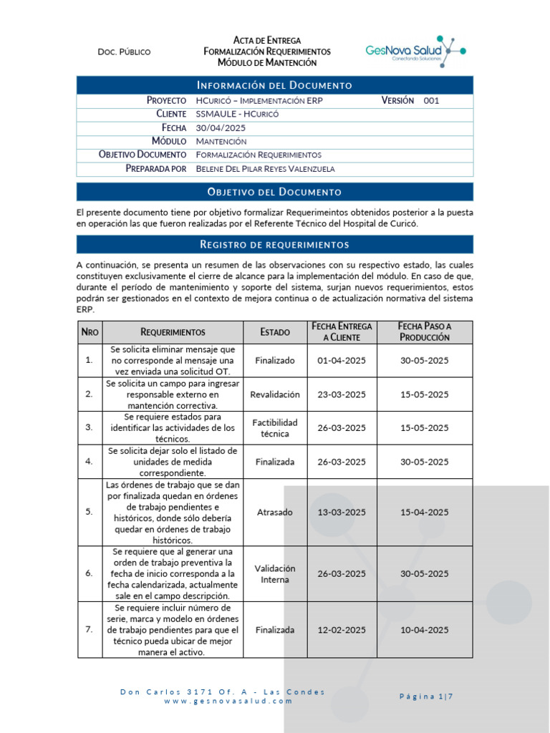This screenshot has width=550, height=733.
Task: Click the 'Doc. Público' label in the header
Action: click(x=124, y=52)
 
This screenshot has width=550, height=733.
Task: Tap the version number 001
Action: click(x=431, y=101)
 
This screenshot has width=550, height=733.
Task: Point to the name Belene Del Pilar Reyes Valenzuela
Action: click(x=265, y=168)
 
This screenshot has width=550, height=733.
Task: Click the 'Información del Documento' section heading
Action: click(x=275, y=85)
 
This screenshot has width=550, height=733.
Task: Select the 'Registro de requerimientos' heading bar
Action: click(x=275, y=245)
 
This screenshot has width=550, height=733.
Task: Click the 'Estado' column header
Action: click(x=275, y=332)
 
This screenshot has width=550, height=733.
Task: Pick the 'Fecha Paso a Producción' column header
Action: click(x=425, y=331)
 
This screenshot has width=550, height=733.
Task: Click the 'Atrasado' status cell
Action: click(x=275, y=512)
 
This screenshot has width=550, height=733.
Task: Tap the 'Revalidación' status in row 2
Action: click(x=275, y=394)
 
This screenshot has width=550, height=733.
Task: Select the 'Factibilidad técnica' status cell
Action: click(x=275, y=428)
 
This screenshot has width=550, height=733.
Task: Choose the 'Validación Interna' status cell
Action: click(x=275, y=573)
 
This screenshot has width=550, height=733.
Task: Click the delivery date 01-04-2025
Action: click(x=342, y=360)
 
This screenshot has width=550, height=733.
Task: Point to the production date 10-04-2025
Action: click(x=425, y=630)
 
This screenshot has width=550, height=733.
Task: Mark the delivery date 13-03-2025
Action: click(x=342, y=512)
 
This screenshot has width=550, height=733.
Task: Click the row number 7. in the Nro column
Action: click(x=89, y=630)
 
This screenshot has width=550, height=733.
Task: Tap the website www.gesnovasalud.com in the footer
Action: click(x=228, y=702)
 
